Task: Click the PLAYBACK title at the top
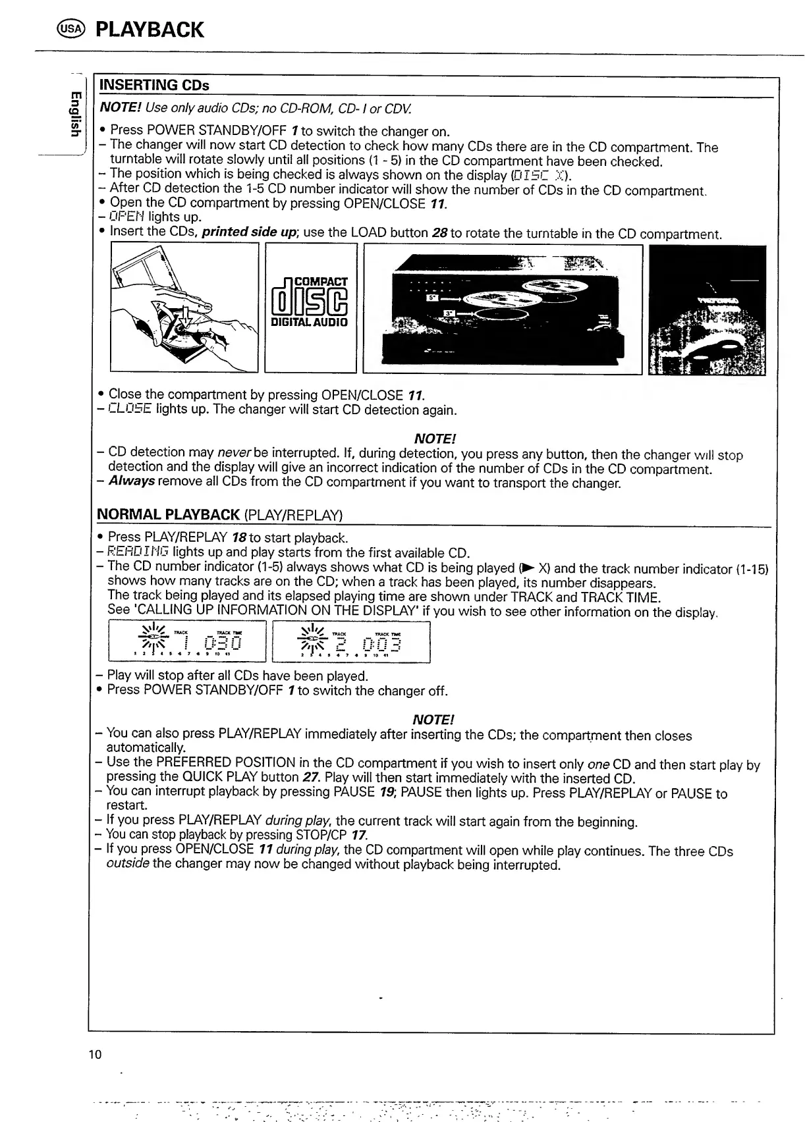coord(150,30)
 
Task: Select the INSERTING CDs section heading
coord(153,86)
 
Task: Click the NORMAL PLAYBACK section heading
coord(168,514)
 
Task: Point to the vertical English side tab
coord(76,113)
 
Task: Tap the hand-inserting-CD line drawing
coord(184,307)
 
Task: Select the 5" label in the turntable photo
coord(433,298)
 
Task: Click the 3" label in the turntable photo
coord(449,313)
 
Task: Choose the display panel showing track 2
coord(351,642)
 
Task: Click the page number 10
coord(95,1055)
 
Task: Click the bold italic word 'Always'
coord(132,481)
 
